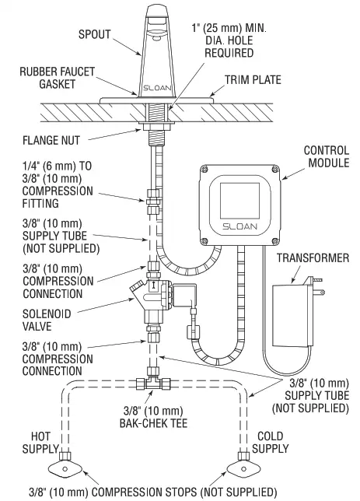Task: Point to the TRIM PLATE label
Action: pyautogui.click(x=253, y=79)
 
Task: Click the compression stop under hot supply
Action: pyautogui.click(x=65, y=468)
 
